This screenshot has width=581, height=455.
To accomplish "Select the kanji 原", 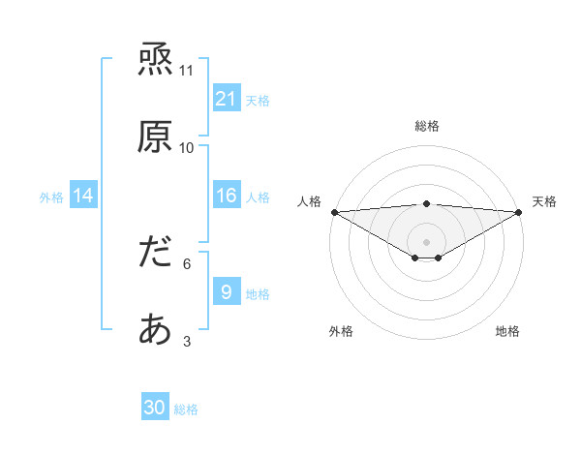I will pyautogui.click(x=156, y=137).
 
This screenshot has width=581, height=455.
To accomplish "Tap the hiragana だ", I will pyautogui.click(x=156, y=255).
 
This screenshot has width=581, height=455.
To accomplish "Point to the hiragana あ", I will pyautogui.click(x=156, y=331).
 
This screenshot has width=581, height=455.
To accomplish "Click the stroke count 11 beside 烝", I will pyautogui.click(x=187, y=71).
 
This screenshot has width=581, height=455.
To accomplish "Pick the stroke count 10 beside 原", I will pyautogui.click(x=187, y=147).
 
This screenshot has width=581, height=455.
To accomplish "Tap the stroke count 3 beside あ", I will pyautogui.click(x=187, y=341).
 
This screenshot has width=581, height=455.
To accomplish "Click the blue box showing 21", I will pyautogui.click(x=227, y=99).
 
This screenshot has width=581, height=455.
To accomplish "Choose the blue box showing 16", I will pyautogui.click(x=227, y=196).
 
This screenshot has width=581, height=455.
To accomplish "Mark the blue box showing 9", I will pyautogui.click(x=227, y=292).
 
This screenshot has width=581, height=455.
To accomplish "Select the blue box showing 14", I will pyautogui.click(x=83, y=196).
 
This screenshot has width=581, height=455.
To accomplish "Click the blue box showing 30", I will pyautogui.click(x=155, y=409).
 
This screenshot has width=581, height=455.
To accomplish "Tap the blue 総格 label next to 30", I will pyautogui.click(x=186, y=409).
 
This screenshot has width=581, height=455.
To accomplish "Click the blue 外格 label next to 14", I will pyautogui.click(x=51, y=197).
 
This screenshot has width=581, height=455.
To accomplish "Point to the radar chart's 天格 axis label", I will pyautogui.click(x=544, y=201).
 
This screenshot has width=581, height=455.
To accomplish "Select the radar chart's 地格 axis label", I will pyautogui.click(x=507, y=331).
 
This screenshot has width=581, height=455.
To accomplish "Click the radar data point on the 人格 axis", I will pyautogui.click(x=334, y=212).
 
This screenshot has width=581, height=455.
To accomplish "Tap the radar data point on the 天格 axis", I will pyautogui.click(x=519, y=212).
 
